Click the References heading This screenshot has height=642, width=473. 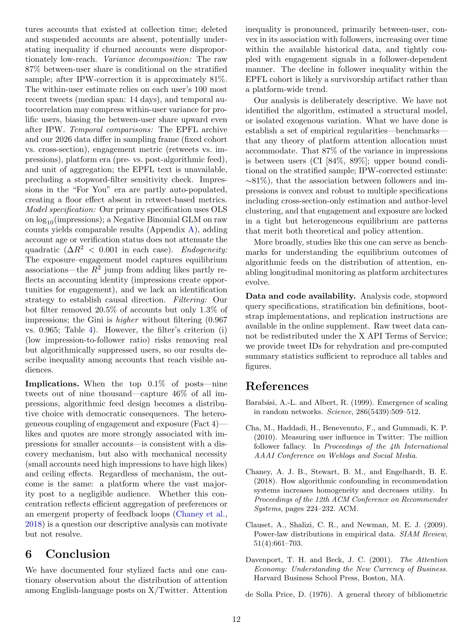point(277,386)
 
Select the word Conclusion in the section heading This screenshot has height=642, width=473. point(78,554)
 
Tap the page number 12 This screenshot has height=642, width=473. point(236,619)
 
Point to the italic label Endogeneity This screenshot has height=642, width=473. point(205,250)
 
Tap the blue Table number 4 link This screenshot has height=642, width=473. point(91,330)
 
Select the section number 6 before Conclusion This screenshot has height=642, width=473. point(28,554)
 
